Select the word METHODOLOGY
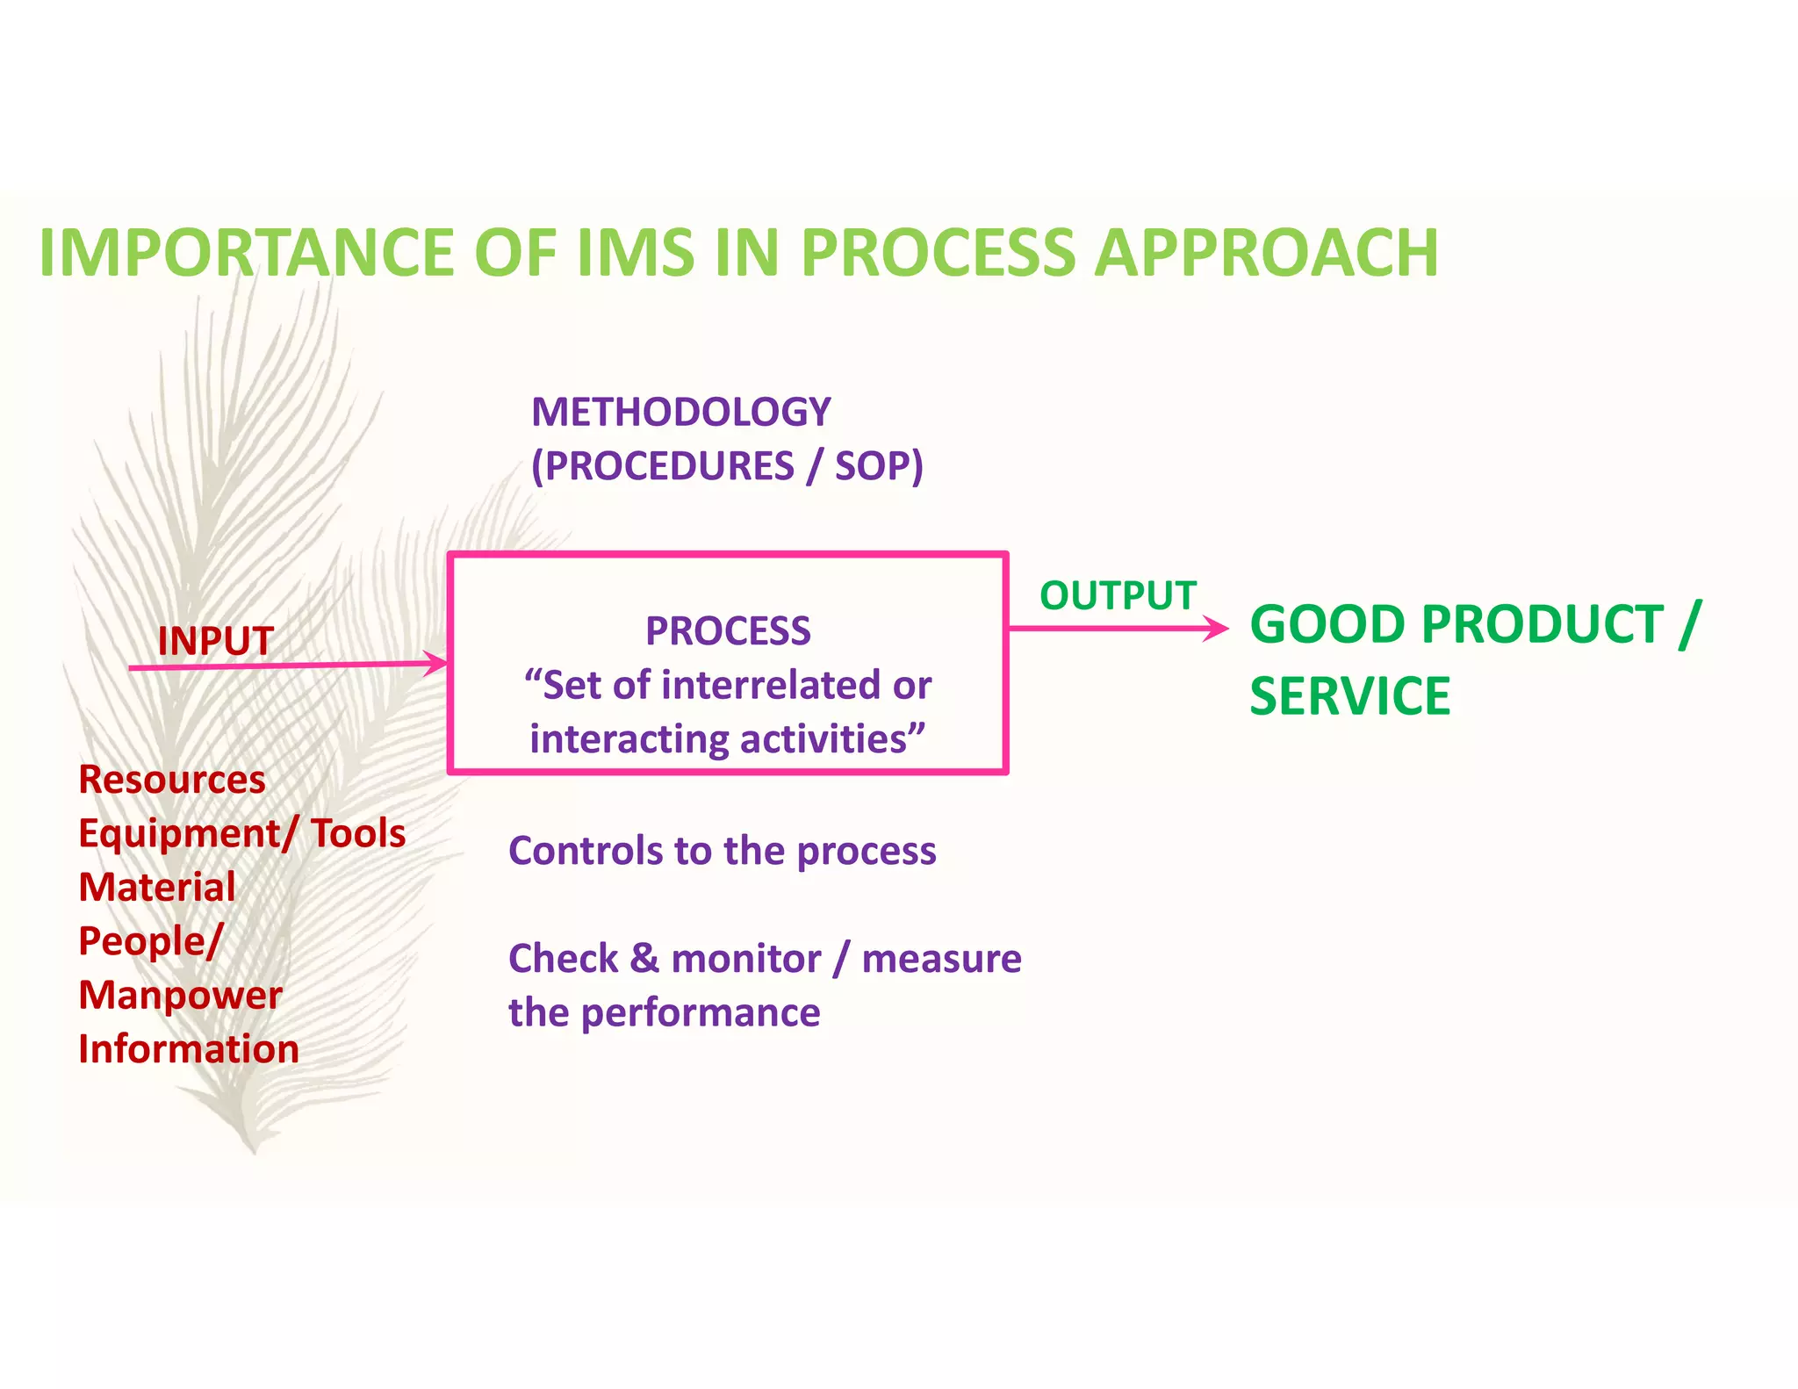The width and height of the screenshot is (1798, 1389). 680,412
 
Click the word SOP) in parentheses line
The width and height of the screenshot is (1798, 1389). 878,466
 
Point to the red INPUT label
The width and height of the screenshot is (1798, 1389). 215,641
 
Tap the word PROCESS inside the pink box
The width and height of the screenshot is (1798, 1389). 728,630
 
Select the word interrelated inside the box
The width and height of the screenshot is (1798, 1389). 772,685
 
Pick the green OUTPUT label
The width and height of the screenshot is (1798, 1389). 1118,595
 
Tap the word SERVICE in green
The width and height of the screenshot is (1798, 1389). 1349,696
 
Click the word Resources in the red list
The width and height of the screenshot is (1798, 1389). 172,780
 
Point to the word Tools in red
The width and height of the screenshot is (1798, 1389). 358,833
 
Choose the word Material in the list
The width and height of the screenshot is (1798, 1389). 157,887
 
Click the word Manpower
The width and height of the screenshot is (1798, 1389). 180,995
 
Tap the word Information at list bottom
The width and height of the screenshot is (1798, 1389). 189,1049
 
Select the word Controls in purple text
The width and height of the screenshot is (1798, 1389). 585,851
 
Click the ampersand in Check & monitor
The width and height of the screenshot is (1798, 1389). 644,958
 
